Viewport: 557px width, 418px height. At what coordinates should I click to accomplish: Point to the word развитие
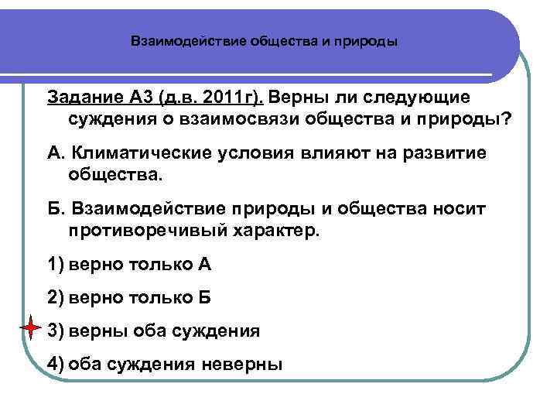pyautogui.click(x=448, y=152)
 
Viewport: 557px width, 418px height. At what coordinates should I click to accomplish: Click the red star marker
pyautogui.click(x=30, y=330)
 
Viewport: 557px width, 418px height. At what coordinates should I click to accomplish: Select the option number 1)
pyautogui.click(x=56, y=265)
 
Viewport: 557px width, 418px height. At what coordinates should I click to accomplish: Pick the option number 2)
pyautogui.click(x=56, y=298)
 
